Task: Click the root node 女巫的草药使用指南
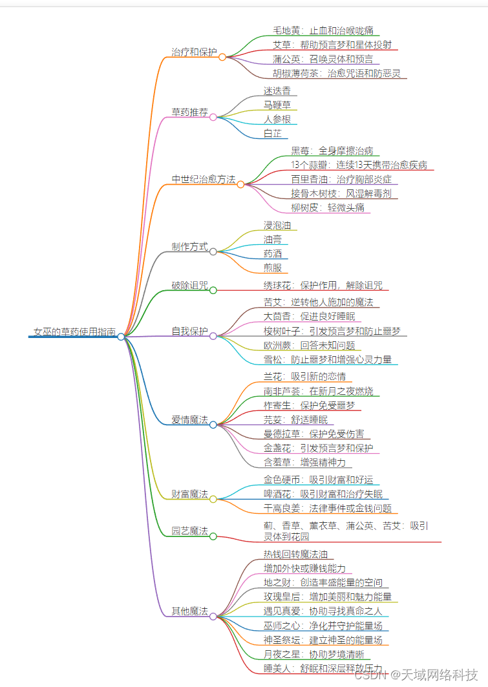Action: click(x=74, y=332)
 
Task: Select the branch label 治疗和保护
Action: click(x=194, y=52)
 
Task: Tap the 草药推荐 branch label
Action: click(x=189, y=112)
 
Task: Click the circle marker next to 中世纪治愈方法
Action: click(x=240, y=184)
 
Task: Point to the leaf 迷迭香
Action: click(x=277, y=90)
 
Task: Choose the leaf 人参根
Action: click(x=277, y=119)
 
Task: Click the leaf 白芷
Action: click(x=272, y=133)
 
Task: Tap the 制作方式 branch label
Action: click(x=189, y=246)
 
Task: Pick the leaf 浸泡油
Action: click(x=277, y=225)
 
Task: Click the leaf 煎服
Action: click(x=272, y=268)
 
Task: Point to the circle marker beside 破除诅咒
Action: click(x=213, y=291)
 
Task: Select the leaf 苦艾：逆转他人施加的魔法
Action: click(x=317, y=302)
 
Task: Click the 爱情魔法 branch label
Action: click(x=189, y=419)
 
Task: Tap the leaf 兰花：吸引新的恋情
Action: click(x=304, y=376)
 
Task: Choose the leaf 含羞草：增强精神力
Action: click(x=304, y=462)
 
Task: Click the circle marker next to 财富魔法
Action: click(x=213, y=500)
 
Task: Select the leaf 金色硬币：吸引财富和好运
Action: click(x=318, y=480)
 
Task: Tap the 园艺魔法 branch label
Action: click(x=189, y=531)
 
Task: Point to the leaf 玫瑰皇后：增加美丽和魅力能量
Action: click(x=327, y=596)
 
